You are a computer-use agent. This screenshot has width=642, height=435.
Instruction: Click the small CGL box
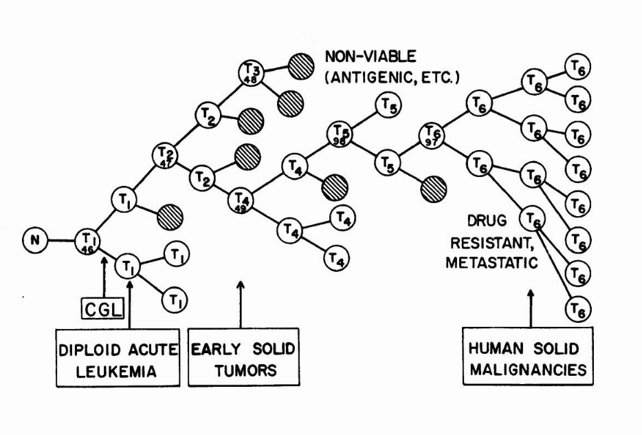[102, 307]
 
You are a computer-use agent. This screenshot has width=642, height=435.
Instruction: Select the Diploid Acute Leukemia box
[118, 360]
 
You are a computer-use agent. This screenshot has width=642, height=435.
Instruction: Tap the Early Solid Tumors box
[243, 360]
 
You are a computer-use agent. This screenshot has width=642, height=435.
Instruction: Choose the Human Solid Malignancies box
[527, 359]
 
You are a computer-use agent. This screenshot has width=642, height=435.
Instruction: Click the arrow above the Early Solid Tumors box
[241, 303]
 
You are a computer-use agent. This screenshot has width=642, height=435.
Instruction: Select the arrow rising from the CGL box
[103, 277]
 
